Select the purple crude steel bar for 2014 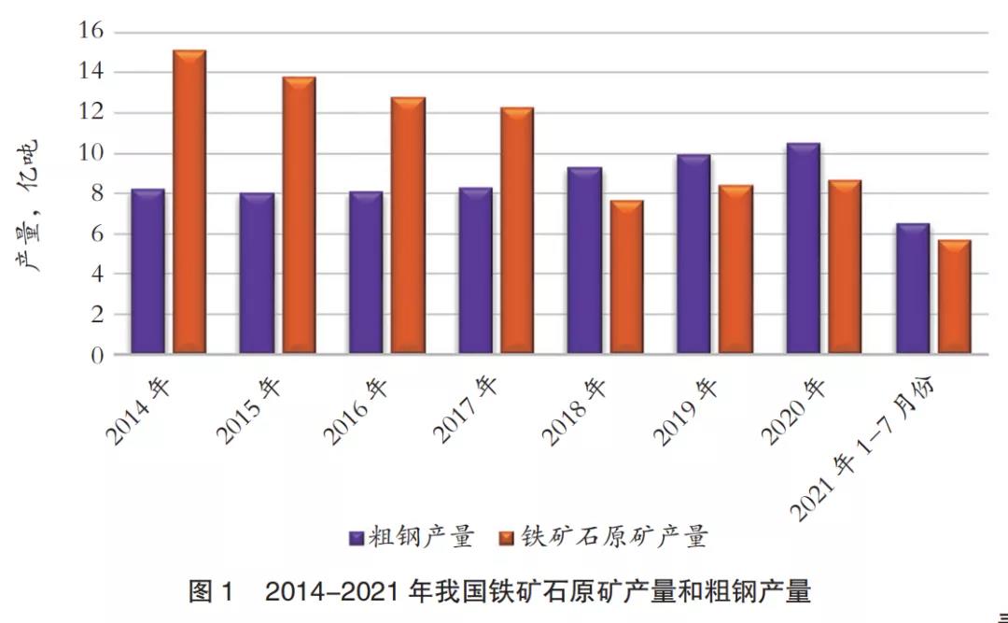tap(147, 271)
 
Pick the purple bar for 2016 tap(366, 273)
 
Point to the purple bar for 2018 tap(584, 261)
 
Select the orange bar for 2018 tap(626, 277)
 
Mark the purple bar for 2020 tap(803, 248)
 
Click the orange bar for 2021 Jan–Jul tap(954, 297)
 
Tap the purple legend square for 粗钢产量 tap(357, 538)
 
